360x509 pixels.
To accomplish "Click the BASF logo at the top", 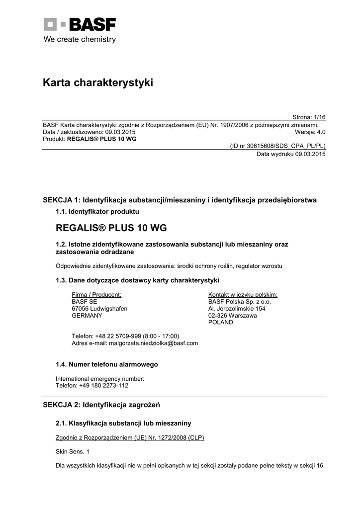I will [80, 24].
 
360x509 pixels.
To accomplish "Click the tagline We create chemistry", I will [80, 39].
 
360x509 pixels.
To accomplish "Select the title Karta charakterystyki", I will [98, 83].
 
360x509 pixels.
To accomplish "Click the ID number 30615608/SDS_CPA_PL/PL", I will [277, 147].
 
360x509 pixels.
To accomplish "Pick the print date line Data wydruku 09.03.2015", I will [291, 154].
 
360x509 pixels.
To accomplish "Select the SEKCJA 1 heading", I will [180, 200].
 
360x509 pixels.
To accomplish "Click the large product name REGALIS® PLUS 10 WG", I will [111, 228].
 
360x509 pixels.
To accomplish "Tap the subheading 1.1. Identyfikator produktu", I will [97, 211].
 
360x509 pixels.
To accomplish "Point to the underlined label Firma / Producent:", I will [96, 294].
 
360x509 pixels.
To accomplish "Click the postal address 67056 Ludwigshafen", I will [99, 308].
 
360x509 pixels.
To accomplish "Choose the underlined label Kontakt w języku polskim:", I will [243, 294].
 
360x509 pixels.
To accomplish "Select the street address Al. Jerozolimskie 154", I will [237, 308].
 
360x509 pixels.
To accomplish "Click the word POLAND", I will [220, 322].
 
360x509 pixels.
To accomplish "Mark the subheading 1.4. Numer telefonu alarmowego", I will [107, 364].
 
